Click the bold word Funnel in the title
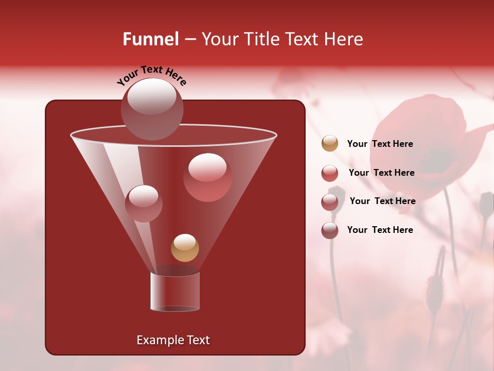[x=150, y=39]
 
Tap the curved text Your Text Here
[x=152, y=75]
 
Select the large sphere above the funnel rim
[x=152, y=109]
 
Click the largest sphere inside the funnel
[x=207, y=177]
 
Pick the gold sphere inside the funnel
[x=185, y=248]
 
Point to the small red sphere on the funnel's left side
[x=144, y=204]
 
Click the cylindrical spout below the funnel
[x=174, y=291]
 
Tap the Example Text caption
[x=173, y=340]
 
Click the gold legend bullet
[x=330, y=144]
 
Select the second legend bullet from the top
[x=330, y=173]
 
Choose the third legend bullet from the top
[x=330, y=201]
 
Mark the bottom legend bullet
[x=330, y=230]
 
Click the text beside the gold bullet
[x=380, y=144]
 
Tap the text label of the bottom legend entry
[x=380, y=230]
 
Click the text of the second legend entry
[x=381, y=173]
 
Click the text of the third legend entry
[x=382, y=201]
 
